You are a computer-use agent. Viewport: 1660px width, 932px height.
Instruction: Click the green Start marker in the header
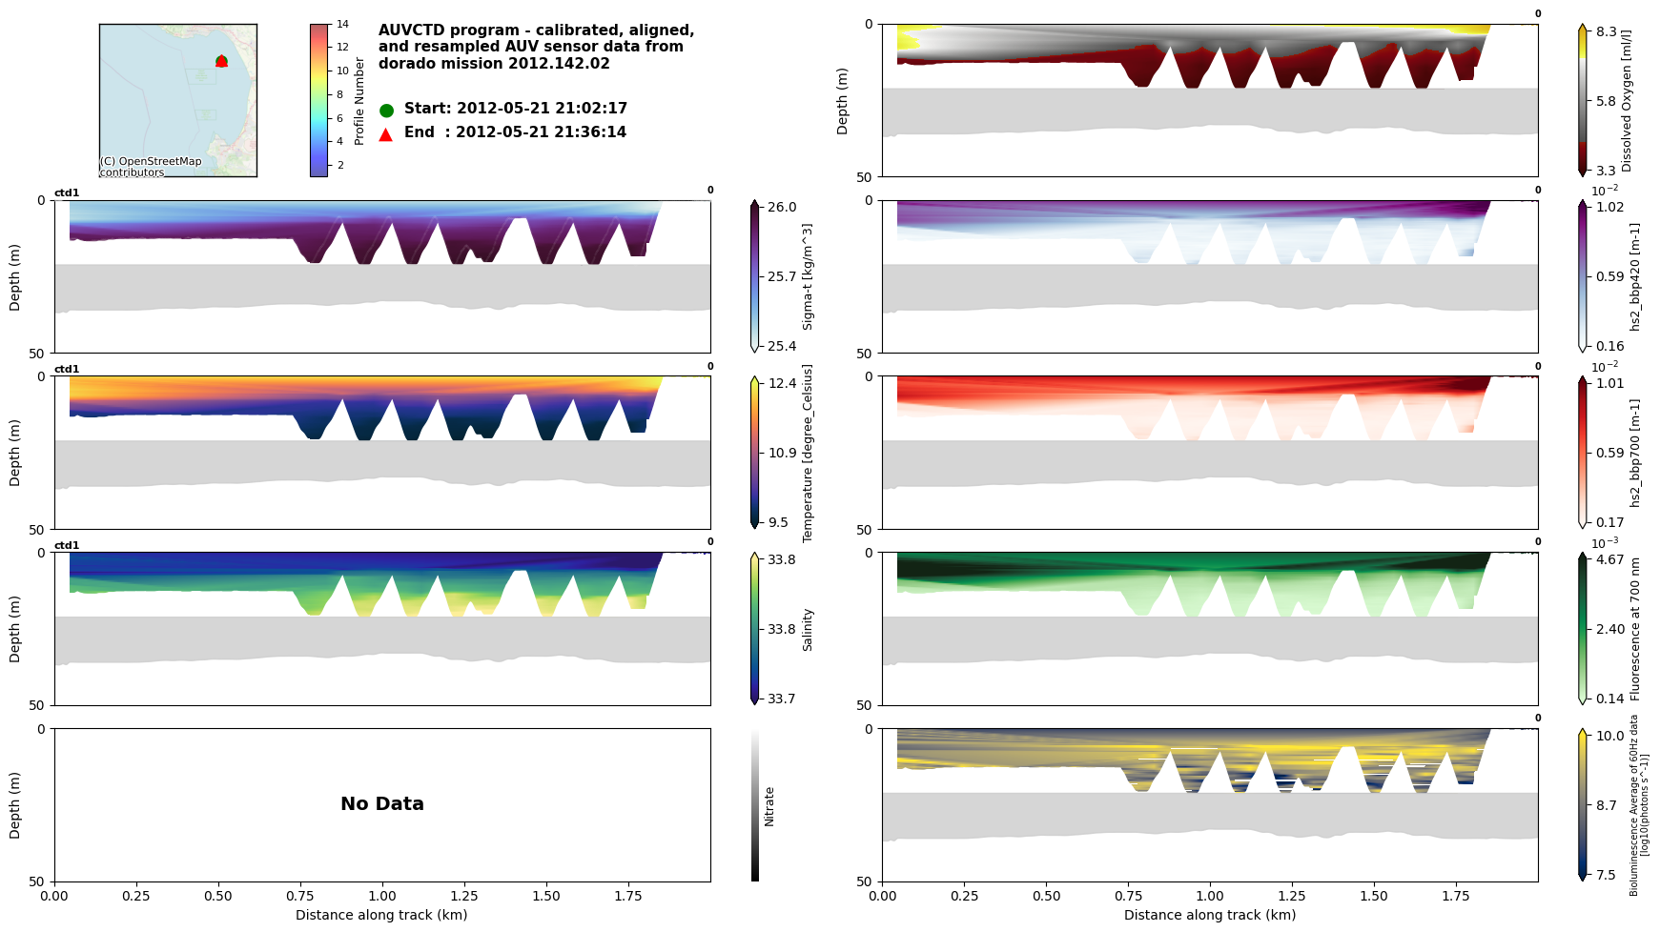(x=386, y=111)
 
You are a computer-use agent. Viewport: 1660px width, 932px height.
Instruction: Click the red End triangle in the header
(x=386, y=134)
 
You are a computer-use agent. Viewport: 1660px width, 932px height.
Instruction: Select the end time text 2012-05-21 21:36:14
(x=541, y=132)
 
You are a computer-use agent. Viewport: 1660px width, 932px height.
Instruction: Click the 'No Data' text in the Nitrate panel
(x=382, y=804)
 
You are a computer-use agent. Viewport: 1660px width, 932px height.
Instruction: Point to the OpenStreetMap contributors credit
(x=151, y=167)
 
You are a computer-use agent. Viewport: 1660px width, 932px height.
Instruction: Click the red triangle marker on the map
(x=221, y=61)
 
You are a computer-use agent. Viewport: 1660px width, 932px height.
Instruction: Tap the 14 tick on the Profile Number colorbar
(x=342, y=24)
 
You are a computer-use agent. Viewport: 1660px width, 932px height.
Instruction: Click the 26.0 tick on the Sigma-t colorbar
(x=782, y=207)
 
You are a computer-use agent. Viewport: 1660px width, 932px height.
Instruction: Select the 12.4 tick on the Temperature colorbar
(x=782, y=383)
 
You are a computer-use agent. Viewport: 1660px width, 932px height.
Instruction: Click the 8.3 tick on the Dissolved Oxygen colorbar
(x=1607, y=31)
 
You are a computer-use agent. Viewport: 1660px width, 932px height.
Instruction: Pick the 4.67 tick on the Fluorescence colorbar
(x=1610, y=559)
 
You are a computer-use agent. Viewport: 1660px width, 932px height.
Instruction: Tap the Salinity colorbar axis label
(x=808, y=629)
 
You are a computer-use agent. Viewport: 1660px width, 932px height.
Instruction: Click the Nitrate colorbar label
(x=769, y=805)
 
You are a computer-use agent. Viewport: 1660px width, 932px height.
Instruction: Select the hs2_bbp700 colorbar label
(x=1636, y=453)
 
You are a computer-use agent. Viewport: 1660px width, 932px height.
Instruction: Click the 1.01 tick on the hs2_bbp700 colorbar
(x=1610, y=383)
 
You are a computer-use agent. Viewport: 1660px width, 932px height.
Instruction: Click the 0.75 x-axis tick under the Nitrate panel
(x=300, y=897)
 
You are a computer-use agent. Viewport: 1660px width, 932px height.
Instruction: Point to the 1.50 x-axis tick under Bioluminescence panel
(x=1374, y=897)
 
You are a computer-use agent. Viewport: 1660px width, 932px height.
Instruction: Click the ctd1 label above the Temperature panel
(x=67, y=369)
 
